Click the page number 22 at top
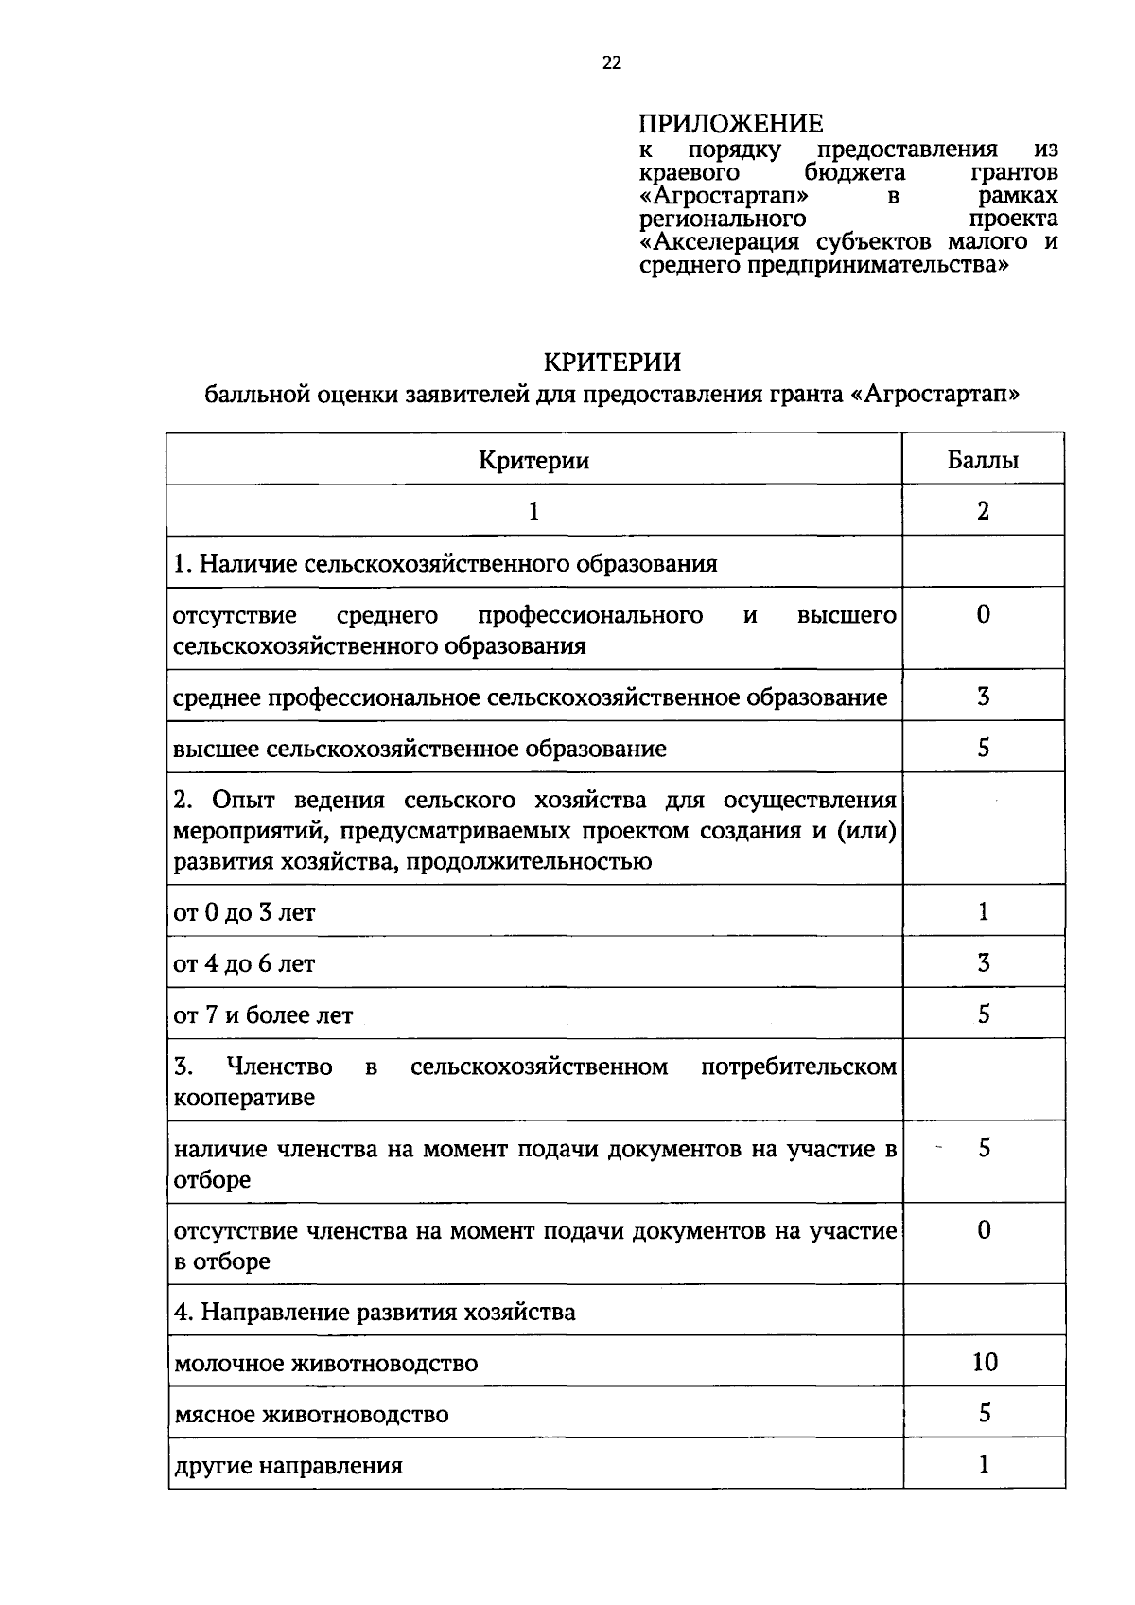pos(611,62)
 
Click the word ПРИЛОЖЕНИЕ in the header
pos(730,124)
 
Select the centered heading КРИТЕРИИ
pos(612,362)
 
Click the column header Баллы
pos(983,461)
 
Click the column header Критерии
pos(533,461)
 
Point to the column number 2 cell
pos(983,512)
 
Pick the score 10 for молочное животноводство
pos(984,1362)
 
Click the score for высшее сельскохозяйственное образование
pos(984,748)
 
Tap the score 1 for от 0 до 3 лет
pos(984,912)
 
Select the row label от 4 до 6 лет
pos(244,964)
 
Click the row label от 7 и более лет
pos(263,1015)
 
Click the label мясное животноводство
pos(311,1415)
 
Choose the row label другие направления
pos(288,1466)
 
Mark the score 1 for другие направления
pos(984,1465)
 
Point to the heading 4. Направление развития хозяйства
pos(375,1313)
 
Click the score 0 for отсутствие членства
pos(984,1230)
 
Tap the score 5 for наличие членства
pos(984,1149)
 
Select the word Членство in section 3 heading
pos(279,1067)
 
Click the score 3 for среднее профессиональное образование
pos(984,697)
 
